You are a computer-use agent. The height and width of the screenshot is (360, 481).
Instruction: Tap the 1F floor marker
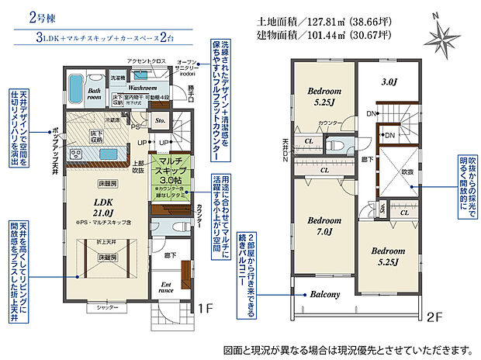(x=206, y=308)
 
